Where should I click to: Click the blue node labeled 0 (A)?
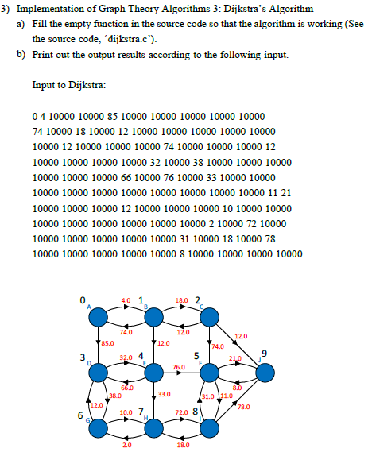(x=96, y=317)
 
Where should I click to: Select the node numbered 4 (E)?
(x=152, y=372)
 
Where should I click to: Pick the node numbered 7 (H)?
(x=152, y=428)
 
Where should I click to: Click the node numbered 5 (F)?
(x=208, y=372)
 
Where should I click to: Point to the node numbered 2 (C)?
(x=208, y=317)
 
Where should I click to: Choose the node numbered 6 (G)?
(x=96, y=428)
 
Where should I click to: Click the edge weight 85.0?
(x=109, y=343)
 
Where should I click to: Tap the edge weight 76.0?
(x=180, y=366)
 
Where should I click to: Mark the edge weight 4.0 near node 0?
(x=126, y=300)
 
